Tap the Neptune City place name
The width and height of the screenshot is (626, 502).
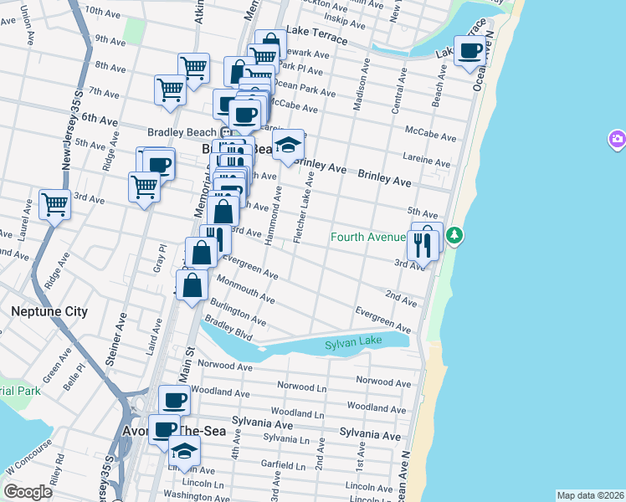[49, 311]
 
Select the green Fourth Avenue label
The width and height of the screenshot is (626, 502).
[367, 237]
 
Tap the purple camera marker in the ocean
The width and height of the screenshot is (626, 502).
[617, 139]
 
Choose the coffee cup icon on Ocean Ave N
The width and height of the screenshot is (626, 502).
[469, 50]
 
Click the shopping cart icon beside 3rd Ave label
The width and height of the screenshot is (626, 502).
[54, 203]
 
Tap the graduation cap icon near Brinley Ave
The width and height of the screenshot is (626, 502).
[288, 146]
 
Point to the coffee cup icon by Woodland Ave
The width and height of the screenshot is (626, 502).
[174, 401]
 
